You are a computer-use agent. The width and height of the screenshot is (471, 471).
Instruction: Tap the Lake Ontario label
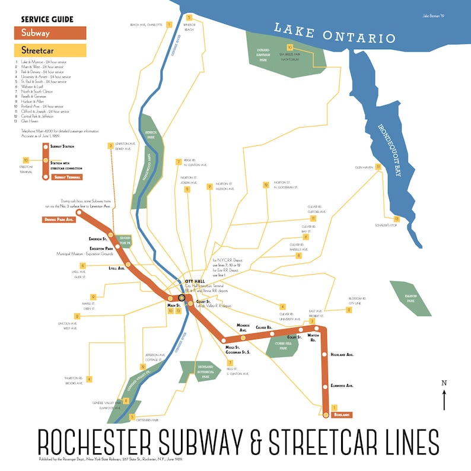click(334, 33)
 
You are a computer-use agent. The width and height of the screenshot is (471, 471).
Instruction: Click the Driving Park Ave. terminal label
click(58, 219)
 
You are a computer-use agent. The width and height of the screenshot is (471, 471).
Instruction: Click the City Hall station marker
click(182, 297)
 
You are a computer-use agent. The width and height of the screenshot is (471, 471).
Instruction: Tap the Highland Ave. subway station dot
click(324, 355)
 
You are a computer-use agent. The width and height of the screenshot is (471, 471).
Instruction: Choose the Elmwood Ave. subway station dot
click(325, 386)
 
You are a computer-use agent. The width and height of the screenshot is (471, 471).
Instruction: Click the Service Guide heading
click(46, 19)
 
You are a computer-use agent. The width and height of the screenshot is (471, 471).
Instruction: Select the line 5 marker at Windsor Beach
click(189, 18)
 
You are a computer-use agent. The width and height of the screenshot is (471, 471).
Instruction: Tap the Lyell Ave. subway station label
click(116, 268)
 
